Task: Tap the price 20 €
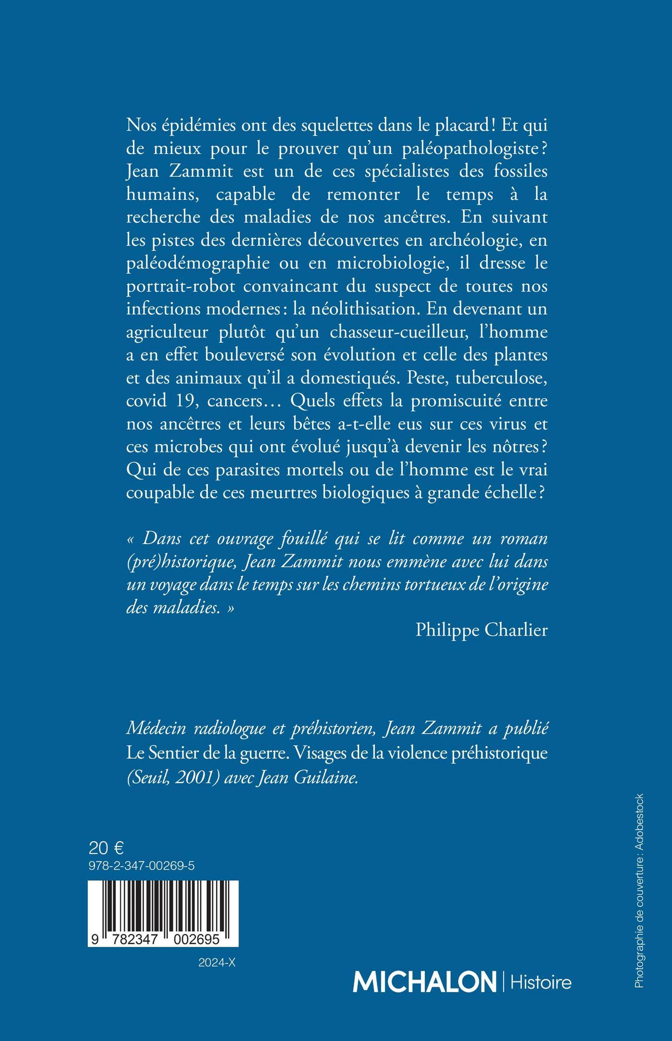tap(106, 848)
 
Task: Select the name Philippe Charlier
tap(481, 630)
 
